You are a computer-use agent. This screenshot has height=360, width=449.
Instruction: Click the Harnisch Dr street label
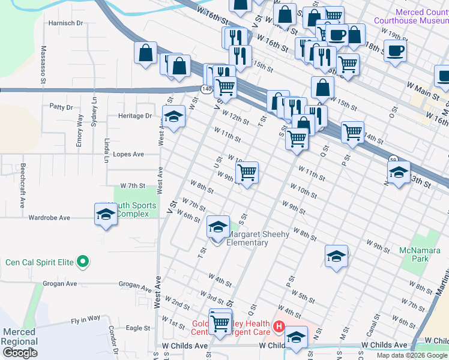pyautogui.click(x=66, y=23)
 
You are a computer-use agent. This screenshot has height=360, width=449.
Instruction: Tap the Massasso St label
pyautogui.click(x=44, y=64)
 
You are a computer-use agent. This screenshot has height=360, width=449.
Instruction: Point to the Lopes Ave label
pyautogui.click(x=128, y=154)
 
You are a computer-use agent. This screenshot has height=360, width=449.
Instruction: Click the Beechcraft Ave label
pyautogui.click(x=22, y=185)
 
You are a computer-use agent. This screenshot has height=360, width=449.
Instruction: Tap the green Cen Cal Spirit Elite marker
pyautogui.click(x=84, y=262)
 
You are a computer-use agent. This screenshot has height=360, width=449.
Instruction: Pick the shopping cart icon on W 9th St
pyautogui.click(x=247, y=173)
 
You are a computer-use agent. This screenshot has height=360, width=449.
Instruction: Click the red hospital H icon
pyautogui.click(x=279, y=327)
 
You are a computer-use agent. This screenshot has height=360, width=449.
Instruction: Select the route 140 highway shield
pyautogui.click(x=206, y=89)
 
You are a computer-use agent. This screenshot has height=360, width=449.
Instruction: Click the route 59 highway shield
pyautogui.click(x=392, y=160)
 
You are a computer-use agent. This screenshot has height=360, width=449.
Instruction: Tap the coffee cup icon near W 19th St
pyautogui.click(x=394, y=51)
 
